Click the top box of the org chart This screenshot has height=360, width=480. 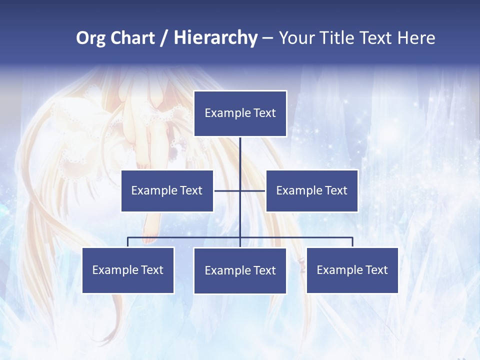pos(240,113)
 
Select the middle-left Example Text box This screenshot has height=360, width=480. pos(167,190)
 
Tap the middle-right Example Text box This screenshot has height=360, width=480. pos(311,190)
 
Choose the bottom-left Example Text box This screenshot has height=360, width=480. pos(128,270)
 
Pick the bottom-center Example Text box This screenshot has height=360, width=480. pos(240,270)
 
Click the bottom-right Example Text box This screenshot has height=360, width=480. pos(352,270)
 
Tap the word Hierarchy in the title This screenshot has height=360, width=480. pos(215,38)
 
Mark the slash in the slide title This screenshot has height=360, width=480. pos(163,38)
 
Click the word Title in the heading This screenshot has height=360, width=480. pos(337,38)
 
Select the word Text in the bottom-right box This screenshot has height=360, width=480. pos(376,270)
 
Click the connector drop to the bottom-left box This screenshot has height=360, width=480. pos(128,242)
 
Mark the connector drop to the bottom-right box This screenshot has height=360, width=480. pos(352,242)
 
